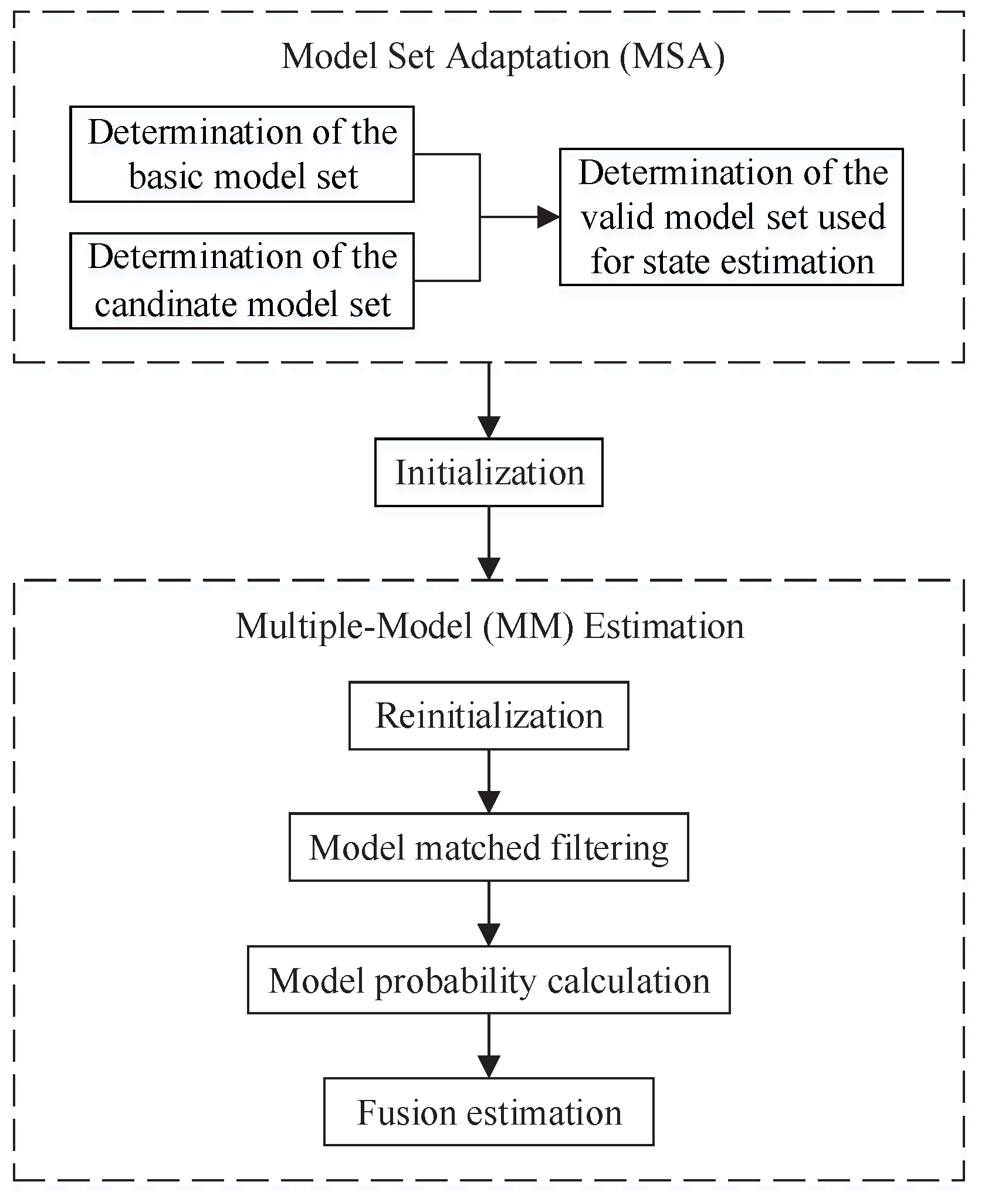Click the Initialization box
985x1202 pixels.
coord(488,473)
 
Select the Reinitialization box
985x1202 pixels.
coord(488,715)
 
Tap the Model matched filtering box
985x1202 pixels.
coord(488,847)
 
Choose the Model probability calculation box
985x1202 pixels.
coord(488,980)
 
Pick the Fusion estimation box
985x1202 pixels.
coord(488,1112)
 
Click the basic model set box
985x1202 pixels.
coord(242,154)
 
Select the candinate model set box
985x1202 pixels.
coord(242,281)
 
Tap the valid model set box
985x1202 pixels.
coord(731,217)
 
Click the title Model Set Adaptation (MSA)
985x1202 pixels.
coord(503,57)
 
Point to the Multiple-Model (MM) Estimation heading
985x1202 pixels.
coord(490,626)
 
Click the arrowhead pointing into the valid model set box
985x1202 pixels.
coord(548,218)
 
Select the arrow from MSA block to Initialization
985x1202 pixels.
coord(489,405)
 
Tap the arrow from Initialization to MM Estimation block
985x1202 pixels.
coord(489,545)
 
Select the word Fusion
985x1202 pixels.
coord(407,1112)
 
